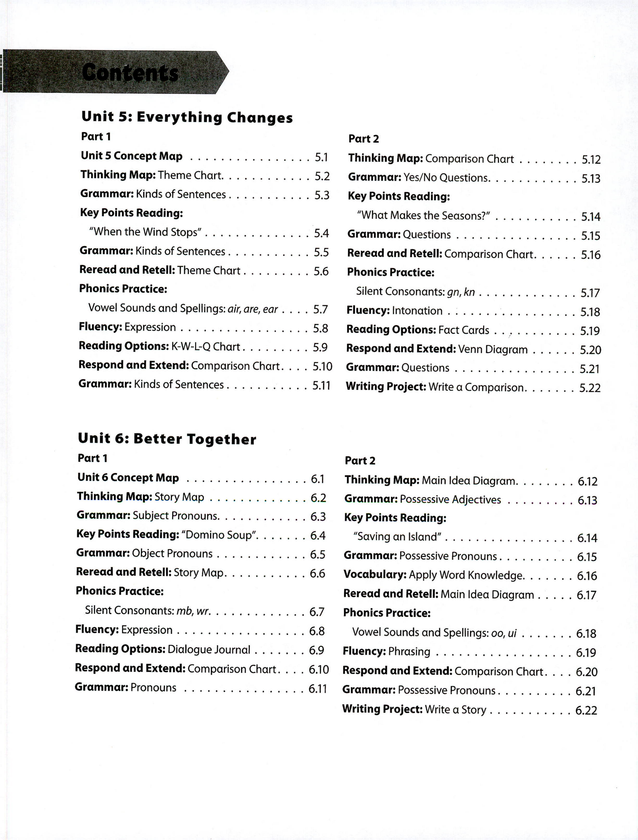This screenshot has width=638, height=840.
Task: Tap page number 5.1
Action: (x=321, y=157)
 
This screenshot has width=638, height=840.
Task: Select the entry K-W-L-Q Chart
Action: (x=205, y=347)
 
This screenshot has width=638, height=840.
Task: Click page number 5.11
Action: (x=321, y=385)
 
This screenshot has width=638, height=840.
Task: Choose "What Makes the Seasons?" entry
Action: (x=423, y=215)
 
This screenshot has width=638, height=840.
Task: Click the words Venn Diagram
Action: (x=492, y=349)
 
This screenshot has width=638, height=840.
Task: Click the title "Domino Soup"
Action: (x=220, y=535)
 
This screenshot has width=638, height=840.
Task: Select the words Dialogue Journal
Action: (x=209, y=649)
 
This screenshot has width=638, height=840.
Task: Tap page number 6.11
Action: (x=317, y=688)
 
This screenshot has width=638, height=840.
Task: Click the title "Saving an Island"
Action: (x=397, y=537)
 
